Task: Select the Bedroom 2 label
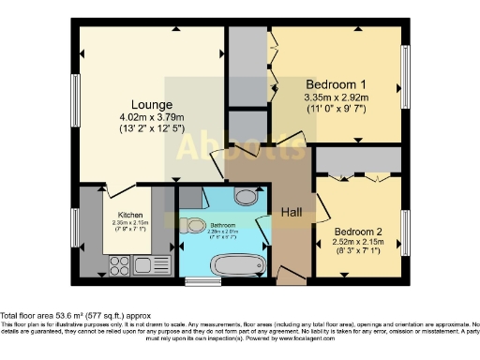click(359, 228)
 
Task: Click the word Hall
click(292, 213)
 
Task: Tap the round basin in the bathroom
click(245, 197)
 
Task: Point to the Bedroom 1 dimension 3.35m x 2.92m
click(337, 97)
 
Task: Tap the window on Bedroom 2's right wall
click(406, 232)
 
